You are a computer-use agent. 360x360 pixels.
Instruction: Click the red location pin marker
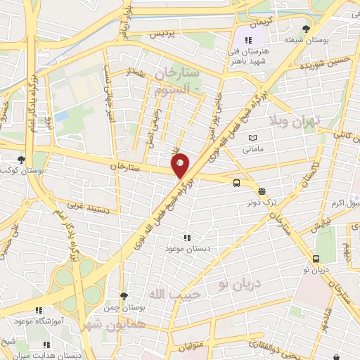181,165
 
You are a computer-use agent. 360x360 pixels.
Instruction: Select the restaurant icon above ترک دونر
261,191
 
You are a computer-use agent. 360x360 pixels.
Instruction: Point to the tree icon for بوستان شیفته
304,29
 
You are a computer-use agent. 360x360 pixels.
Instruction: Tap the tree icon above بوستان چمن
124,297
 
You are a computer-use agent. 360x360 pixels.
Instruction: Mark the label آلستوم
179,87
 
